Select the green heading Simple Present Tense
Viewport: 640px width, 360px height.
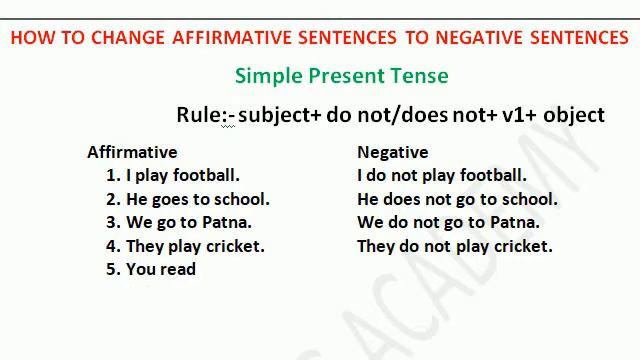[x=341, y=76]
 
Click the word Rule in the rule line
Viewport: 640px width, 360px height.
[x=199, y=115]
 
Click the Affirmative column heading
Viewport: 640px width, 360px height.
[x=132, y=152]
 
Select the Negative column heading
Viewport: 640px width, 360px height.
[x=392, y=152]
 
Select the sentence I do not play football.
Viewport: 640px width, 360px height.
[x=441, y=175]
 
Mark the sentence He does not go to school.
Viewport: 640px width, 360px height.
[x=457, y=199]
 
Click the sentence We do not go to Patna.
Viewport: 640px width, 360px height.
[x=448, y=222]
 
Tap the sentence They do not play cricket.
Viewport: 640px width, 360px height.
[x=454, y=246]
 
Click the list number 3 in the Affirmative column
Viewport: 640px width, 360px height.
[x=112, y=222]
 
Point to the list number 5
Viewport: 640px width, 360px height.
[x=112, y=269]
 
